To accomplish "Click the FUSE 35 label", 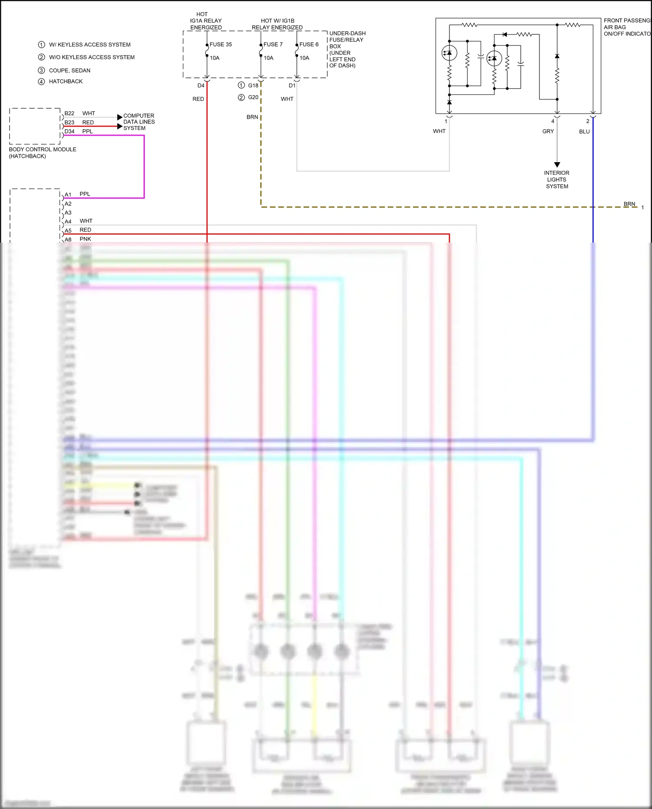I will (220, 44).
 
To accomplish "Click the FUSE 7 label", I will (273, 44).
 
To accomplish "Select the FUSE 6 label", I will (309, 44).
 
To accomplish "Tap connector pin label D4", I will (201, 86).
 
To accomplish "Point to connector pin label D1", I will (292, 86).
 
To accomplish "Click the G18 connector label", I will (253, 86).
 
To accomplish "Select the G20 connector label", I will (253, 97).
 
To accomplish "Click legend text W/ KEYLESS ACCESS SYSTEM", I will (90, 45).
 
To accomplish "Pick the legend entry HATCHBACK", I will (66, 81).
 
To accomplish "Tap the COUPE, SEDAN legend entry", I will (70, 70).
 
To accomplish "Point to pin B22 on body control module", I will (70, 113).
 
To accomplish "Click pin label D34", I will (70, 131).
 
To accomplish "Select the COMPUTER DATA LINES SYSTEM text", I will (139, 122).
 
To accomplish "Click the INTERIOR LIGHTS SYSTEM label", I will (557, 180).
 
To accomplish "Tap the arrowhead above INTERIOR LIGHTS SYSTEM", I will (557, 165).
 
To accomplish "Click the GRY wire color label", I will (548, 131).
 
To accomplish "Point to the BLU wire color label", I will (584, 131).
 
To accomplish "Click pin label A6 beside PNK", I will (68, 240).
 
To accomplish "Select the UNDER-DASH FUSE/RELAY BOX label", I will (347, 50).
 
